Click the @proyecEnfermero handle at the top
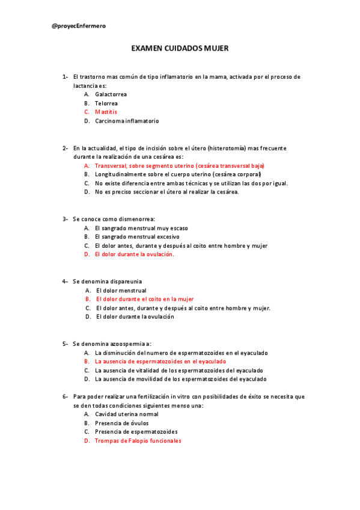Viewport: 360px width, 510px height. tap(78, 26)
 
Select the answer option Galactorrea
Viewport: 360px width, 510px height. tap(111, 94)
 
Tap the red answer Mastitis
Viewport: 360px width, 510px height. tap(106, 112)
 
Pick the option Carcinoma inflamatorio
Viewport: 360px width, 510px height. tap(127, 121)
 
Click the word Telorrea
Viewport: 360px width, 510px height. tap(106, 103)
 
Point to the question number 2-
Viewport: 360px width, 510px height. tap(65, 148)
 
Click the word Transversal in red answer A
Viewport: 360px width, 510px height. tap(111, 165)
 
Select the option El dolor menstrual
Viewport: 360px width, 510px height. tap(121, 290)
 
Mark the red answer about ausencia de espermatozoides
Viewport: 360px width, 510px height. tap(160, 361)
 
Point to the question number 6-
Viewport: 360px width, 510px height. tap(65, 397)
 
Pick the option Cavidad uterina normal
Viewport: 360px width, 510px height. tap(127, 414)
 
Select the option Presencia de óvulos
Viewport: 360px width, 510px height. tap(122, 423)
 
